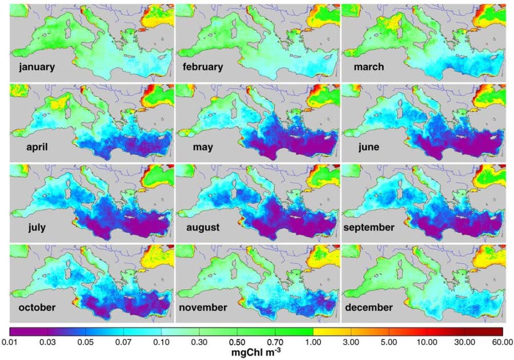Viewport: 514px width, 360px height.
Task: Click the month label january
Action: tap(37, 67)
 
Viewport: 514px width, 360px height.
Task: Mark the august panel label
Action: tap(203, 227)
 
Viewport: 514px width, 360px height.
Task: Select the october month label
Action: tap(36, 307)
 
